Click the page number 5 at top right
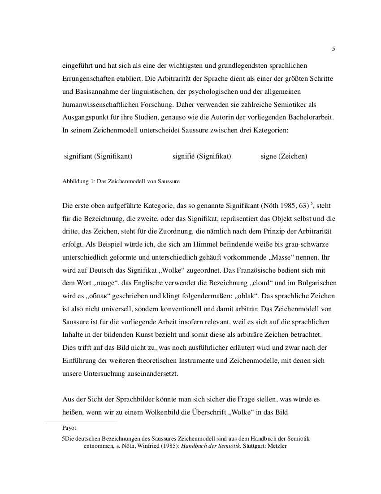[333, 49]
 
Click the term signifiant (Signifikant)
[98, 156]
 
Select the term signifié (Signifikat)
[202, 156]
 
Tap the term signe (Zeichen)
[284, 156]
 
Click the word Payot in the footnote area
[69, 428]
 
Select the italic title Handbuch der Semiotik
[211, 446]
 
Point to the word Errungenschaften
[87, 78]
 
